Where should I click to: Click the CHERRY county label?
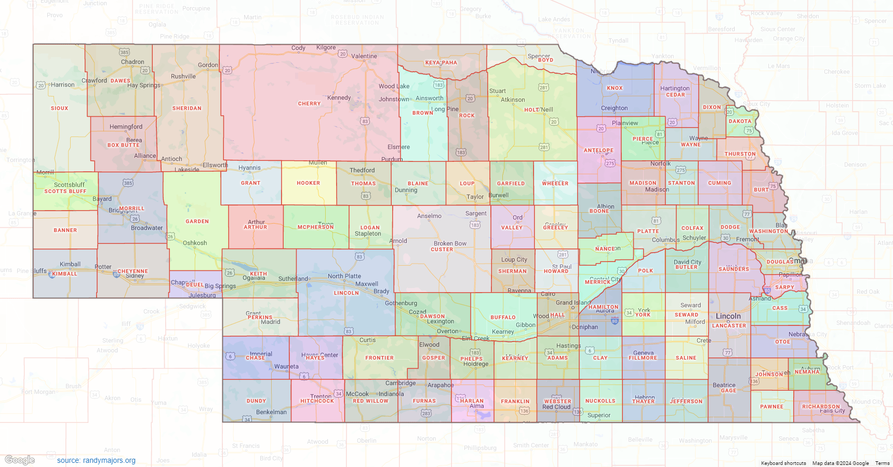pos(309,104)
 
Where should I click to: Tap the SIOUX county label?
pos(59,108)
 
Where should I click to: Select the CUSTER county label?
pos(442,250)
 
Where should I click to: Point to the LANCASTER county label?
pos(729,326)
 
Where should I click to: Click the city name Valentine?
pos(364,56)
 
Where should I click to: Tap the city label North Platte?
pos(344,276)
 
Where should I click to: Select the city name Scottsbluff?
pos(69,185)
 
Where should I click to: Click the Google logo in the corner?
pos(20,460)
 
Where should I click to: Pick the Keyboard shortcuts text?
pos(783,463)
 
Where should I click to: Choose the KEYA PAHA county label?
pos(441,63)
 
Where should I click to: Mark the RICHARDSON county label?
pos(821,407)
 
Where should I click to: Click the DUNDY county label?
pos(256,401)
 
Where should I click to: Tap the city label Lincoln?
pos(728,316)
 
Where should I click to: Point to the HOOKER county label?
pos(308,183)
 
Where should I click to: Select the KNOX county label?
pos(615,88)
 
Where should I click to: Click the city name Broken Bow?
pos(450,243)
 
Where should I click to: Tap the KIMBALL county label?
pos(64,274)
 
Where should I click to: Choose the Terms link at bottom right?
pos(882,463)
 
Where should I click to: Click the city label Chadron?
pos(132,62)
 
